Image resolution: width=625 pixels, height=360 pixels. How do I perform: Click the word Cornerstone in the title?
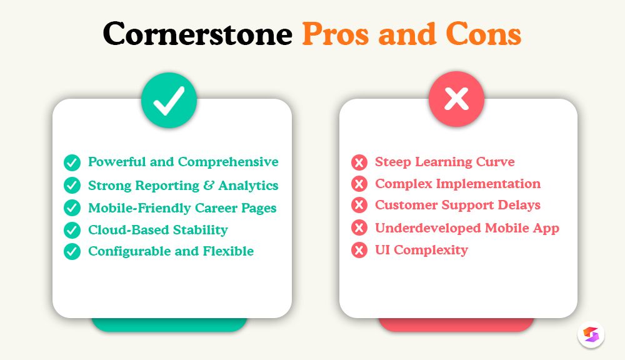point(197,33)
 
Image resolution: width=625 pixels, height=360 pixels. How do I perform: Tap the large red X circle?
point(456,100)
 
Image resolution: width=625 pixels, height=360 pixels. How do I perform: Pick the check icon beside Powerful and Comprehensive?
point(72,163)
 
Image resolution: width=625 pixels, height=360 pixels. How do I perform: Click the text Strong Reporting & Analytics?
point(183,186)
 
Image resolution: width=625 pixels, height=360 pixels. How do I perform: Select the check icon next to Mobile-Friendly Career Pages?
point(72,207)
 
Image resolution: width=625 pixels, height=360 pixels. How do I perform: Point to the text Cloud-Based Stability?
point(157,230)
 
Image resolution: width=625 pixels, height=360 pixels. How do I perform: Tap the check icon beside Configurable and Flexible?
point(72,252)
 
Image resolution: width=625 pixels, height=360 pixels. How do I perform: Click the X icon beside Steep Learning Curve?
point(359,163)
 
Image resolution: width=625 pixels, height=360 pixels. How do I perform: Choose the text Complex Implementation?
point(457,184)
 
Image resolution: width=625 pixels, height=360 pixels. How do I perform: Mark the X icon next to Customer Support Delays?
point(359,206)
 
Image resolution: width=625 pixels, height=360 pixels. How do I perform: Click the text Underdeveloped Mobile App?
point(467,228)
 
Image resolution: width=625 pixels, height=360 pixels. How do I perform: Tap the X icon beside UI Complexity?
point(359,251)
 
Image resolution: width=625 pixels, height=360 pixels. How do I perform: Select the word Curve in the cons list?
point(494,162)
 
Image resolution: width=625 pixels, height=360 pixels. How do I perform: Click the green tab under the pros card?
point(169,325)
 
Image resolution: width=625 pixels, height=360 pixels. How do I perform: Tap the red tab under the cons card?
point(456,325)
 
